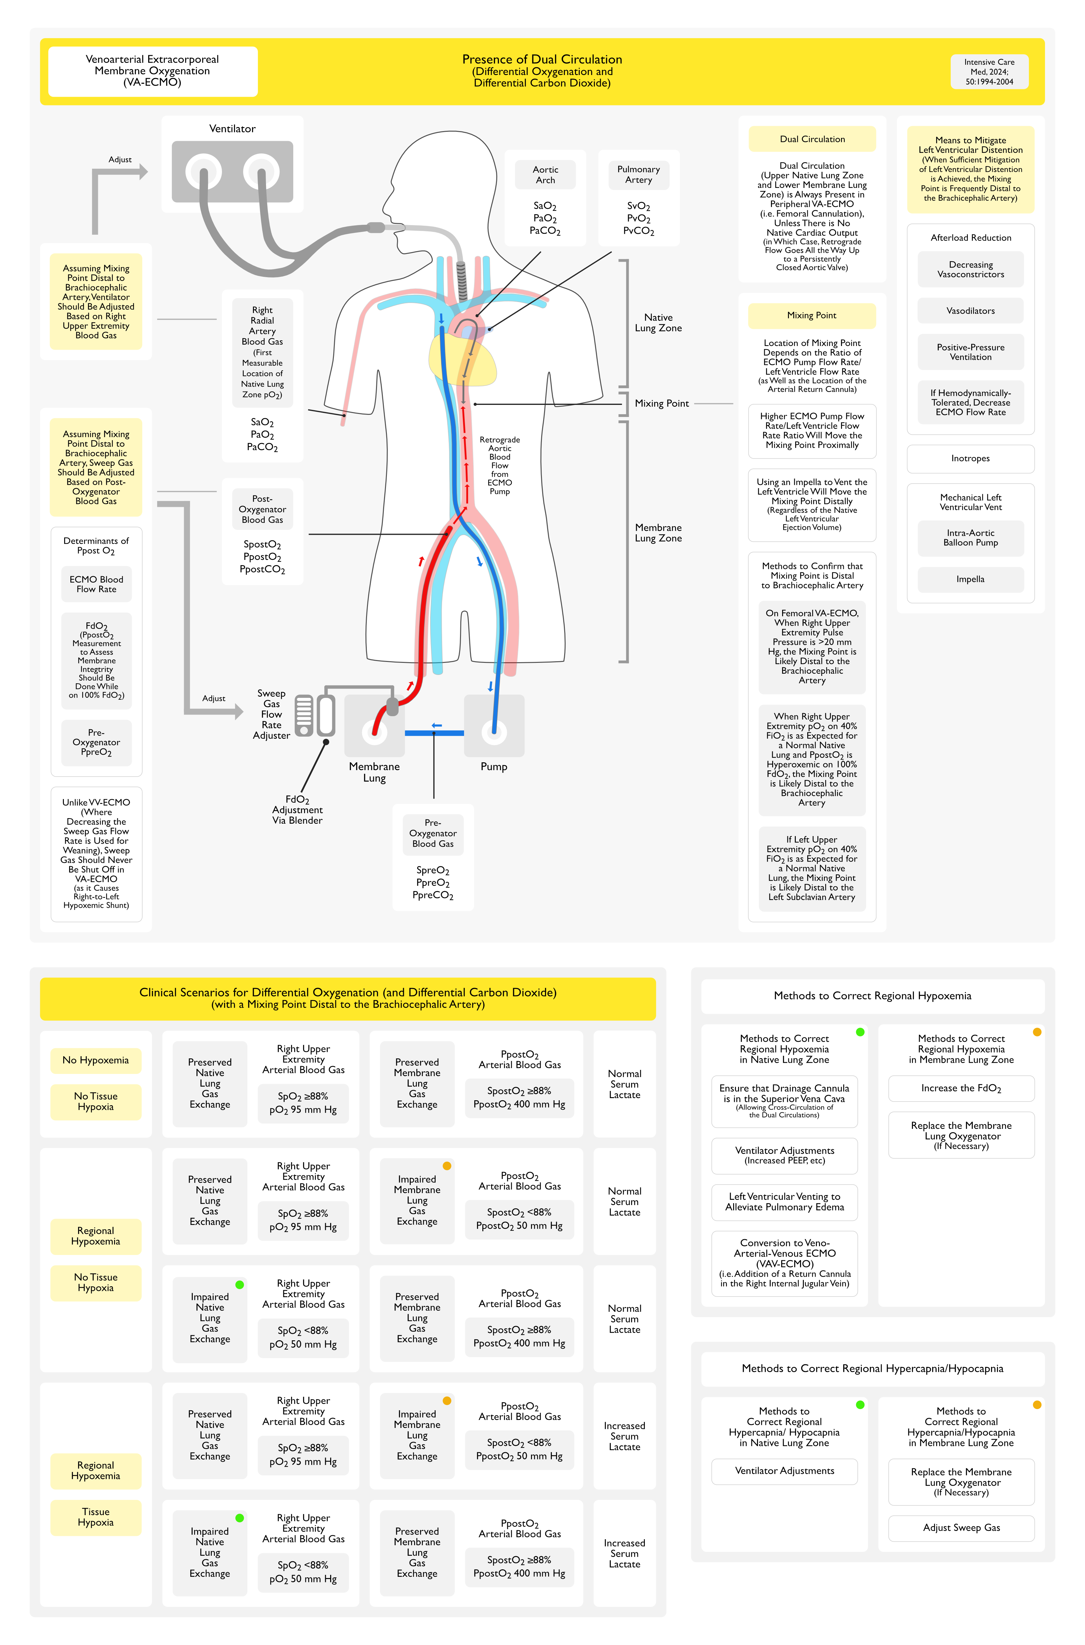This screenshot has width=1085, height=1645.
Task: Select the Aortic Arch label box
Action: (x=545, y=175)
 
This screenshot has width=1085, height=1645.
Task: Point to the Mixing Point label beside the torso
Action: (x=662, y=403)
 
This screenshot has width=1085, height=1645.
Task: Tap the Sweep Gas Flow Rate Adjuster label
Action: (x=271, y=714)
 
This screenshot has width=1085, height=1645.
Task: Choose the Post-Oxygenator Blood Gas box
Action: (x=262, y=509)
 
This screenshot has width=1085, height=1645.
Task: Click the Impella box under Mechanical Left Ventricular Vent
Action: (x=970, y=579)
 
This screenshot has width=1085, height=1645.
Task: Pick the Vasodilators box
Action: (x=970, y=311)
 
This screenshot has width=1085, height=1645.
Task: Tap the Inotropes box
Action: (x=970, y=458)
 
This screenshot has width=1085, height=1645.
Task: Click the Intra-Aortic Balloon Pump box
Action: (x=970, y=538)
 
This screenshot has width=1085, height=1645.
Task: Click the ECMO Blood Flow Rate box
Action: (x=96, y=584)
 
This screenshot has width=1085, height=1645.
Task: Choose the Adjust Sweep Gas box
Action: (x=961, y=1527)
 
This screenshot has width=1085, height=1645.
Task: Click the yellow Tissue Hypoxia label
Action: (x=95, y=1517)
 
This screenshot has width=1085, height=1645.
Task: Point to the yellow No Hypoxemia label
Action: (x=95, y=1060)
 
